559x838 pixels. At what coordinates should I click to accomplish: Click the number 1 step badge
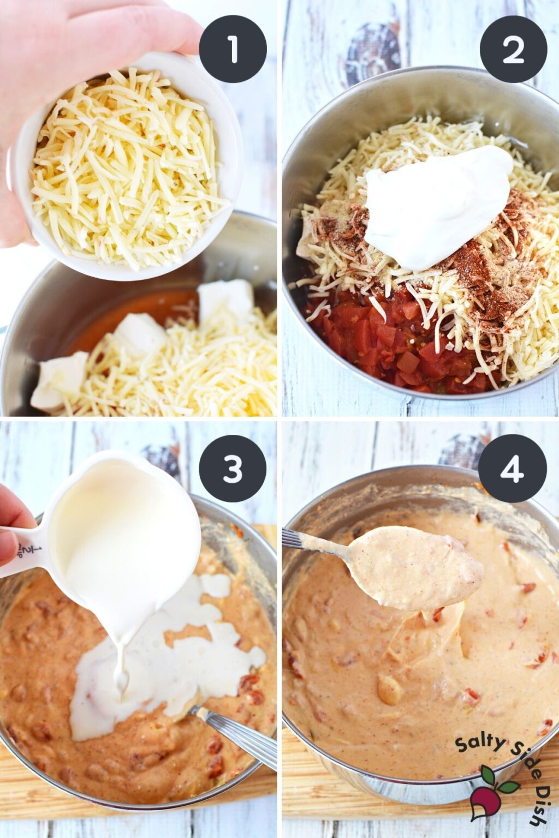point(233,49)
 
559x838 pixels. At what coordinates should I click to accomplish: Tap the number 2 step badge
point(513,49)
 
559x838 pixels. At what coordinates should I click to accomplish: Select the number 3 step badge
point(233,468)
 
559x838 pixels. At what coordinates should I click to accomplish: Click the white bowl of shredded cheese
point(126,169)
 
